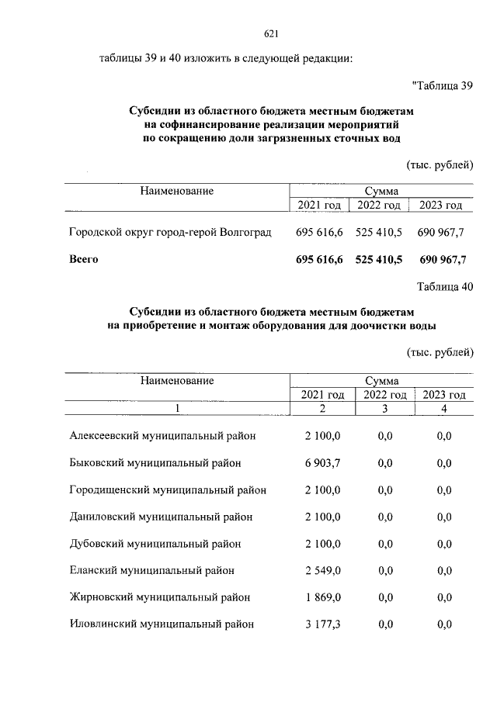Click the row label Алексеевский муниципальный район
[x=162, y=437]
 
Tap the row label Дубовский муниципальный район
[x=155, y=544]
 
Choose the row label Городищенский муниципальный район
[x=168, y=490]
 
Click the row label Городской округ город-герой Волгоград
[x=170, y=232]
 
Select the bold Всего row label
[x=84, y=259]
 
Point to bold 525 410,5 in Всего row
[x=379, y=259]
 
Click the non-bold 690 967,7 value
[x=442, y=232]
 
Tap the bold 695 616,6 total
[x=319, y=259]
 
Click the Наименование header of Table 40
[x=177, y=380]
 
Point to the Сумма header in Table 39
[x=381, y=190]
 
